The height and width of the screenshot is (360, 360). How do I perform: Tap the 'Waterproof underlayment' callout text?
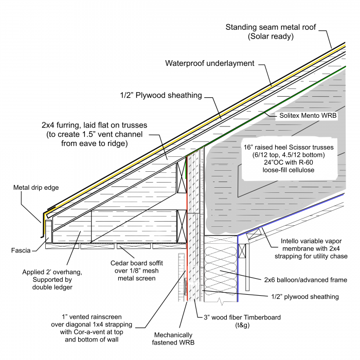[210, 64]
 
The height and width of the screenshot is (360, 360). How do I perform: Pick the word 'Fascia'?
[20, 250]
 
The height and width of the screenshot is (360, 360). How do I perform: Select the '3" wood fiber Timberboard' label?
[238, 317]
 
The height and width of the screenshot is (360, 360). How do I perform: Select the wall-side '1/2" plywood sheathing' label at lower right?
[305, 297]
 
